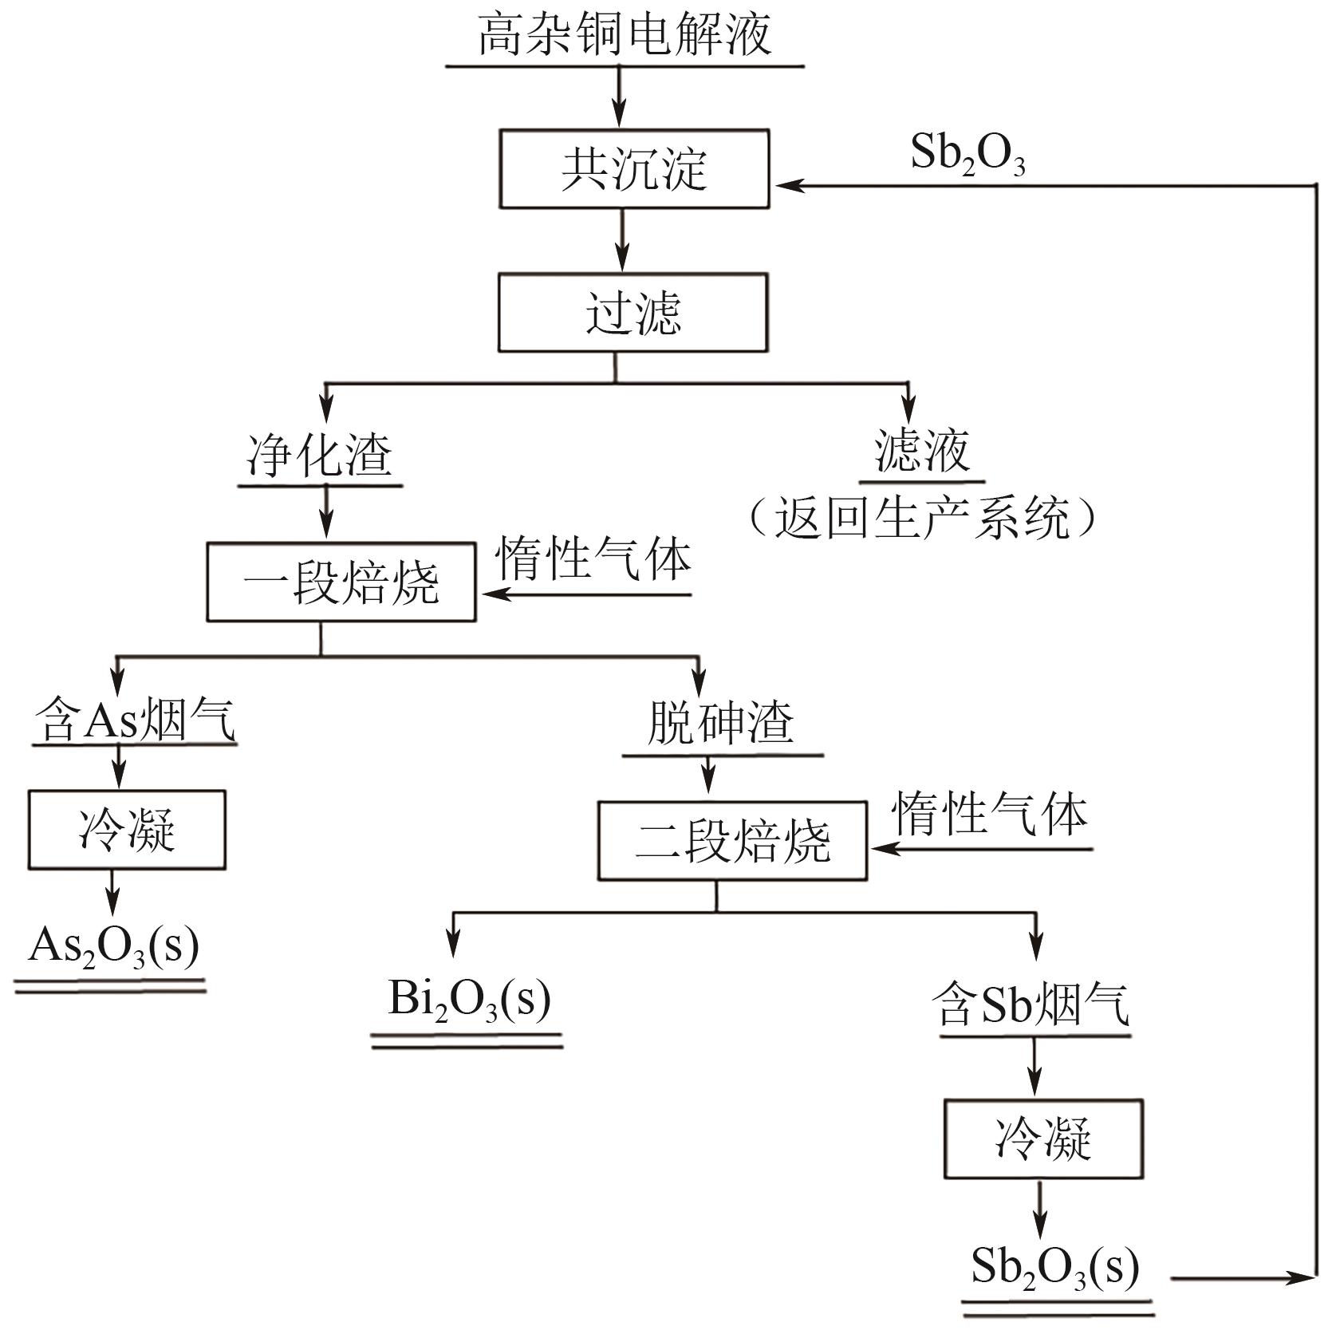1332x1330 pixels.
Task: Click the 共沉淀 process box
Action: (x=634, y=169)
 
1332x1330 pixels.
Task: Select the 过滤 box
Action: (x=633, y=313)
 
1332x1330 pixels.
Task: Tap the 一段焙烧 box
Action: (x=341, y=582)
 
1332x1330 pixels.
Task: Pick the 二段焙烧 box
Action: (x=732, y=841)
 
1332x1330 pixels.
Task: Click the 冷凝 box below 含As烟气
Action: (x=127, y=830)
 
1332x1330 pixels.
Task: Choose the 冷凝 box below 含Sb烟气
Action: (x=1043, y=1139)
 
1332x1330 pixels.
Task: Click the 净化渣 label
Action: (x=320, y=457)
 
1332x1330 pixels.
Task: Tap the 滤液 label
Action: (x=922, y=452)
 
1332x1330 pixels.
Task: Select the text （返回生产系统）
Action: (x=922, y=519)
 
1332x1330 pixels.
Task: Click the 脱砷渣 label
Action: (x=720, y=724)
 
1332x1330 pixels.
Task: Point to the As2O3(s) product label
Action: (x=113, y=947)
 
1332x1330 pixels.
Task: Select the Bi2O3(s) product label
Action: (x=469, y=1000)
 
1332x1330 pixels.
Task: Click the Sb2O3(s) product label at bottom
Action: (x=1055, y=1267)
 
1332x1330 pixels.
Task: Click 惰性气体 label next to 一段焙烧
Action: (x=593, y=558)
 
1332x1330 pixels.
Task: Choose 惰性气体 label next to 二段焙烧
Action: (x=990, y=815)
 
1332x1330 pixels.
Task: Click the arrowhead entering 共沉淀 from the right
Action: (x=786, y=186)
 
